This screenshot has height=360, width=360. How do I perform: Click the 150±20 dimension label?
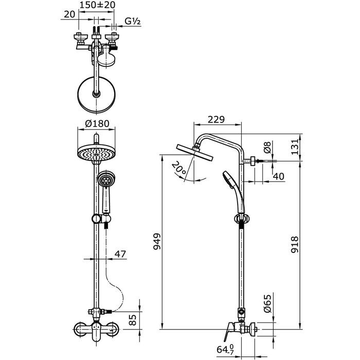[x=97, y=5]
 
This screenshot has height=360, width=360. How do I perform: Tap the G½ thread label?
[x=133, y=21]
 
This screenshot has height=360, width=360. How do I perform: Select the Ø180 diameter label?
[x=97, y=124]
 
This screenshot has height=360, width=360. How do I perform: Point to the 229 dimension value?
[x=216, y=119]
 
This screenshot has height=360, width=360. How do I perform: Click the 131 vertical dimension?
[x=295, y=147]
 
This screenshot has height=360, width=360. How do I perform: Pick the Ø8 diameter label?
[x=267, y=147]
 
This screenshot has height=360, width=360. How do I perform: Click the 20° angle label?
[x=179, y=168]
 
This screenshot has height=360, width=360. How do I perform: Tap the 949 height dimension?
[x=157, y=242]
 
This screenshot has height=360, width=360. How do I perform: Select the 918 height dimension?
[x=295, y=244]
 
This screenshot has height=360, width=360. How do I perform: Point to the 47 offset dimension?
[x=120, y=254]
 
